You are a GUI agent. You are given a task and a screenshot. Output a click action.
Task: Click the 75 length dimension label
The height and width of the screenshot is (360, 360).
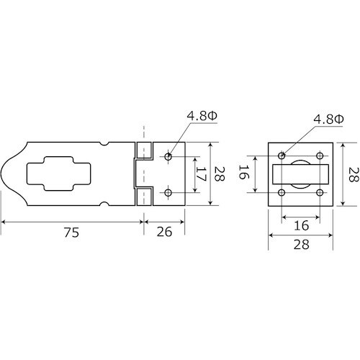click(x=71, y=232)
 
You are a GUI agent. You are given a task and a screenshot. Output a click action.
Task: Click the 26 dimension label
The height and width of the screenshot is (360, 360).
click(x=164, y=232)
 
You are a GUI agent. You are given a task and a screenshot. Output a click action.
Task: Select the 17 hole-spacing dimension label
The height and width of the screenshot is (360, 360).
click(x=201, y=174)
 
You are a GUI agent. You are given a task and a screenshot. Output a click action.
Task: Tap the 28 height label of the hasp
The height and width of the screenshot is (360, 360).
click(x=219, y=174)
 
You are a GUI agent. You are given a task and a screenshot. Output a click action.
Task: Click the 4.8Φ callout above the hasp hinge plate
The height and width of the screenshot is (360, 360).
click(x=202, y=116)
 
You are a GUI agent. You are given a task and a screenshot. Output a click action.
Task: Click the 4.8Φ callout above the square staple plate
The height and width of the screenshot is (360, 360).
click(x=328, y=119)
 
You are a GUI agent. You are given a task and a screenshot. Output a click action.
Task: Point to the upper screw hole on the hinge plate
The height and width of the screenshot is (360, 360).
click(x=168, y=157)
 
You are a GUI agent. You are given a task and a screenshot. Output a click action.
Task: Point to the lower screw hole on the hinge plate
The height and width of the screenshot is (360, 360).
click(x=168, y=192)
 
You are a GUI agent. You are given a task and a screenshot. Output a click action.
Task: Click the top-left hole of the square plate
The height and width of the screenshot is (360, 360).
click(x=282, y=156)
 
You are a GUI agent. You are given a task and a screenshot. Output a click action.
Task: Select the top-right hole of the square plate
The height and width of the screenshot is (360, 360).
click(x=320, y=156)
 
